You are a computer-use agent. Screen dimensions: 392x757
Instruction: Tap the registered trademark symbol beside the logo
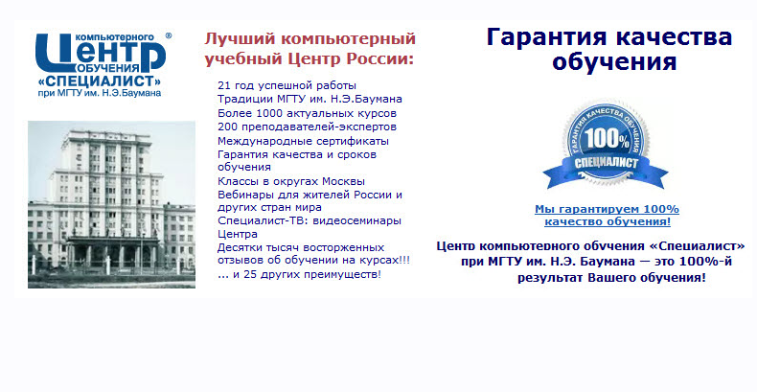pos(169,35)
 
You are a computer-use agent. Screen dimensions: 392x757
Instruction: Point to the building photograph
pos(111,203)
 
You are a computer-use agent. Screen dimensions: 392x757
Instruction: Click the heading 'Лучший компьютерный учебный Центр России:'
pos(310,49)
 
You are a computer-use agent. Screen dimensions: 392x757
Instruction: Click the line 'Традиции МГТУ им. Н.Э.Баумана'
pos(310,99)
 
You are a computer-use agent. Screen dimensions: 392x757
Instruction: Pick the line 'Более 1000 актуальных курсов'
pos(307,113)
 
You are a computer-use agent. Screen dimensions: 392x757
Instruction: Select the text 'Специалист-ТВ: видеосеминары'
pos(310,220)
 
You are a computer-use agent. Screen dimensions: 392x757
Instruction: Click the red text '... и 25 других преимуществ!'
pos(299,274)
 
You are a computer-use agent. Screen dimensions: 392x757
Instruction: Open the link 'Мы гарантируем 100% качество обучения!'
pos(607,216)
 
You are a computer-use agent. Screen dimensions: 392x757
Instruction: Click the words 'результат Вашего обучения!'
pos(612,277)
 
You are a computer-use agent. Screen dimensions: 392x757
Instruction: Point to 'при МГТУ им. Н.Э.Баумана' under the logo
pos(99,94)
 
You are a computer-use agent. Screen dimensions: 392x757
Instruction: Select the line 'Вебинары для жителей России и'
pos(310,195)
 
